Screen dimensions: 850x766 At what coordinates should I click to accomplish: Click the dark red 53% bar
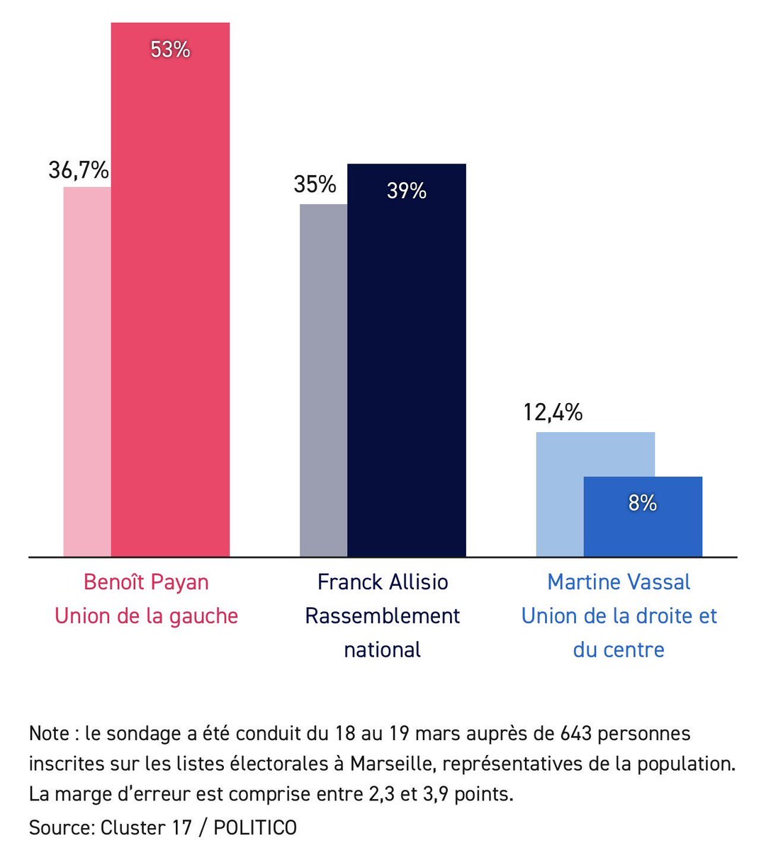click(x=170, y=297)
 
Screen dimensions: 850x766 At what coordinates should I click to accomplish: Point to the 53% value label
click(x=170, y=50)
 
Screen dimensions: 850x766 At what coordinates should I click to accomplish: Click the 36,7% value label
click(x=79, y=170)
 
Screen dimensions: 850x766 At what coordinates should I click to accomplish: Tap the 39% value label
click(x=406, y=191)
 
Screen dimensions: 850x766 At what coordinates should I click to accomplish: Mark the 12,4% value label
click(x=553, y=412)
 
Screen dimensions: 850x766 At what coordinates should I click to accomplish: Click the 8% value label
click(x=643, y=503)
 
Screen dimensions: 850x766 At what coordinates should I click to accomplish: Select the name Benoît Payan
click(x=146, y=582)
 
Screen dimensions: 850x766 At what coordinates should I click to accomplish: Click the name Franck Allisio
click(x=383, y=582)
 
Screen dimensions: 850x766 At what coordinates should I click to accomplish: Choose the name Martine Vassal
click(x=619, y=582)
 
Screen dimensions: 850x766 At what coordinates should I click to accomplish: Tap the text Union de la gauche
click(x=146, y=616)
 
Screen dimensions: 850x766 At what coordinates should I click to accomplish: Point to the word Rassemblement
click(x=383, y=616)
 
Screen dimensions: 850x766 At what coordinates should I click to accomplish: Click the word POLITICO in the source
click(x=255, y=827)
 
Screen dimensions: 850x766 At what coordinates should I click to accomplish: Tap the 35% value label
click(x=315, y=184)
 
